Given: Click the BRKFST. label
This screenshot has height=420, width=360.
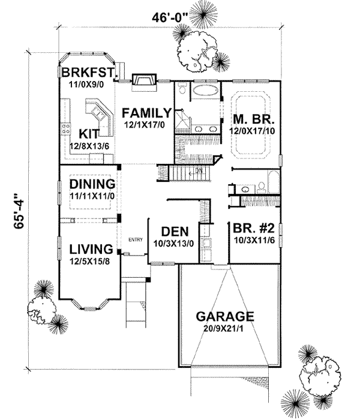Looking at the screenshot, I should (88, 73).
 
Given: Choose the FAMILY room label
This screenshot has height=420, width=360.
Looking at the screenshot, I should (146, 112).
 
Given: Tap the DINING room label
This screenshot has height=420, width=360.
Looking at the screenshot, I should (92, 184).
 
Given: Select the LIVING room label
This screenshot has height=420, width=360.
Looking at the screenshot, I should (91, 248).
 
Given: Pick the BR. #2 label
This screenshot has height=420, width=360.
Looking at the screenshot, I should (252, 229).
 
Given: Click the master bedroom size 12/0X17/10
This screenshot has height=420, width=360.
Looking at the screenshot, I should (251, 129).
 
